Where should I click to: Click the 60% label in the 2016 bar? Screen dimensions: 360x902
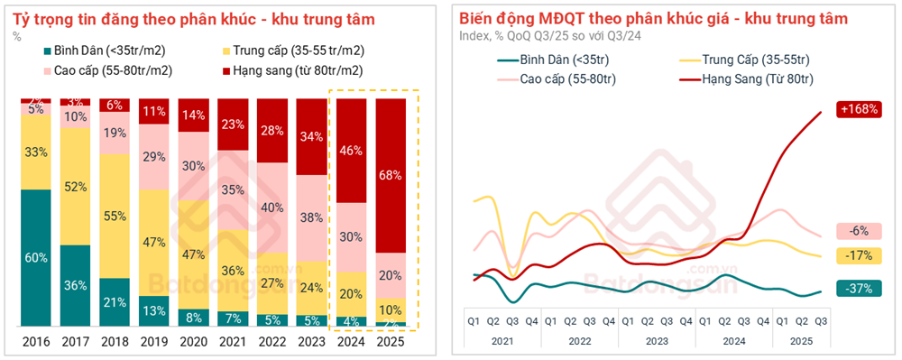click(36, 258)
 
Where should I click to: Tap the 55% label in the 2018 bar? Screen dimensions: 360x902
click(115, 217)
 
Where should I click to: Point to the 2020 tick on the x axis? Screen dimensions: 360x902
click(194, 342)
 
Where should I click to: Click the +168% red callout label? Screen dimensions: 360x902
click(859, 109)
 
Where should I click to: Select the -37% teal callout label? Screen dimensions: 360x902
click(859, 289)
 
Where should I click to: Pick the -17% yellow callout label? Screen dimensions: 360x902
click(859, 255)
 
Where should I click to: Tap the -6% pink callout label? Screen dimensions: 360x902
click(859, 230)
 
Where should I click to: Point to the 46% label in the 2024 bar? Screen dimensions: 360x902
click(352, 150)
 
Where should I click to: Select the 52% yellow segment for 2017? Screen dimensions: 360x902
click(76, 187)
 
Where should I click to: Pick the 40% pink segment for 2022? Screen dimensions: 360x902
click(272, 207)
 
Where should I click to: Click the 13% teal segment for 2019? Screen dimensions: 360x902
click(154, 311)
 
